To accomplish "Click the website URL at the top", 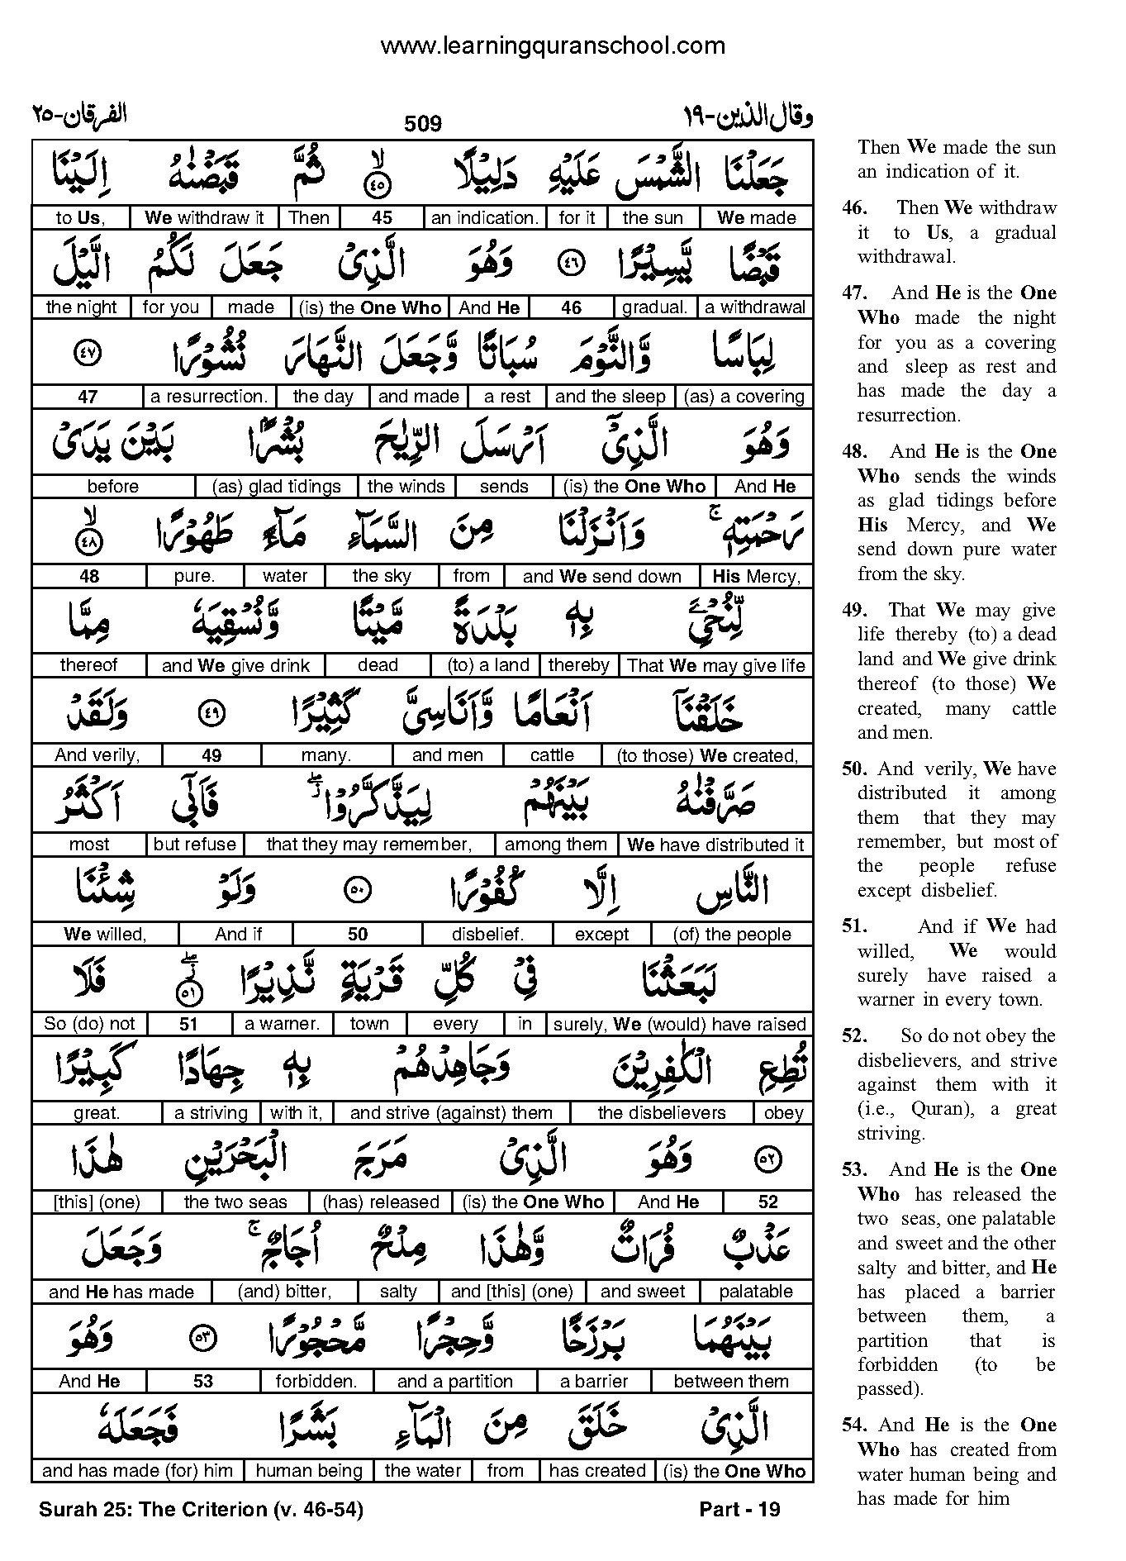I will coord(553,46).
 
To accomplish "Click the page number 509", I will coord(423,124).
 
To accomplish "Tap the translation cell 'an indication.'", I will coord(485,218).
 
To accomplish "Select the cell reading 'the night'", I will coord(82,307).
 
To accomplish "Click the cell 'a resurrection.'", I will coord(210,397).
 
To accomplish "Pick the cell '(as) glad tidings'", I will coord(277,487).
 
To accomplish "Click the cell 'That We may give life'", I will coord(716,665).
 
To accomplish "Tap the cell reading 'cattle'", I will coord(552,754).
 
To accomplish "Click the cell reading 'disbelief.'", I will coord(488,934).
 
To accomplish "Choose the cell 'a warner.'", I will coord(282,1024).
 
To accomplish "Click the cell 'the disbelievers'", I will coord(662,1113).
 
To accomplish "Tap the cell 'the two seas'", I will coord(235,1202).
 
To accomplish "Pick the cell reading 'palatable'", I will coord(756,1292).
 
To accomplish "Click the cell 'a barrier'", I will coord(594,1381).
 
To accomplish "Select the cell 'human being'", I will coord(309,1471).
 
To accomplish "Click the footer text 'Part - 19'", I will coord(739,1510).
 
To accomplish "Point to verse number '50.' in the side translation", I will coord(854,769).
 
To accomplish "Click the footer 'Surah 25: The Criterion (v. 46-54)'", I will coord(201,1510).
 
